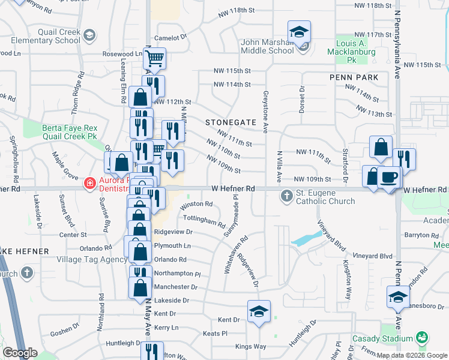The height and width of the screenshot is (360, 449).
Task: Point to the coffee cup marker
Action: coord(388,177)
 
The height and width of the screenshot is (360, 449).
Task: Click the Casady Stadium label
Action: coord(382,338)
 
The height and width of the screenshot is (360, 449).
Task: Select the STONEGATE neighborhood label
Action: coord(226,122)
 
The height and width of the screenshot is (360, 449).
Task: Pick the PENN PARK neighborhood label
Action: coord(354,77)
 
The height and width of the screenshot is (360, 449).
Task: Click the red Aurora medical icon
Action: coord(90,182)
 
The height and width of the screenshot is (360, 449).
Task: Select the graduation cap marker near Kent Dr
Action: coord(259,311)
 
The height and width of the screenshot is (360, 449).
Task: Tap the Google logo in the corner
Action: coord(20,353)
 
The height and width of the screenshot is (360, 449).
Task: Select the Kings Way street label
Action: coord(250,346)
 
